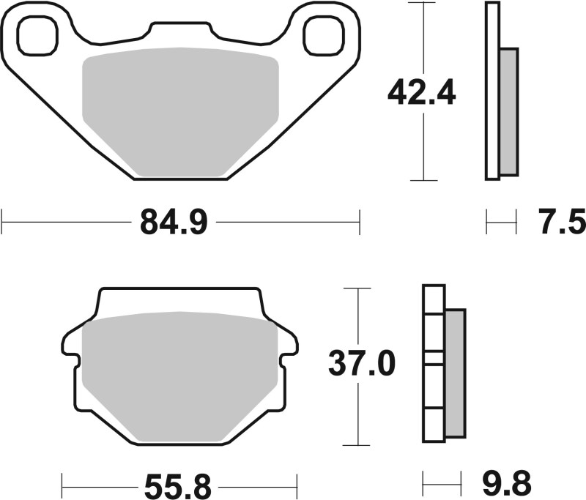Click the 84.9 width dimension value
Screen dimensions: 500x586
click(x=176, y=221)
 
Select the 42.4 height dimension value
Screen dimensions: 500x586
click(x=422, y=93)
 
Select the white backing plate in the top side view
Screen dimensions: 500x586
click(x=492, y=91)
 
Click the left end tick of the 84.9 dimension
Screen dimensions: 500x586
click(x=3, y=221)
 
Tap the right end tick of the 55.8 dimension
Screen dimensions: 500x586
click(x=297, y=484)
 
